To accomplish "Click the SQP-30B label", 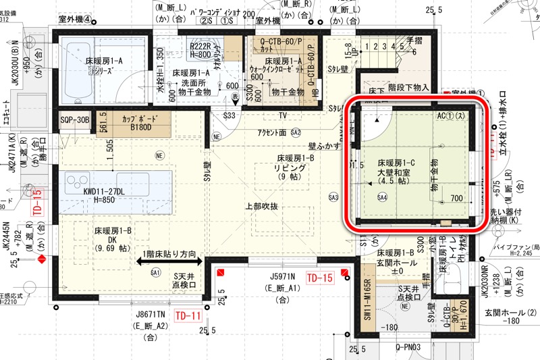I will tap(74, 120).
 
